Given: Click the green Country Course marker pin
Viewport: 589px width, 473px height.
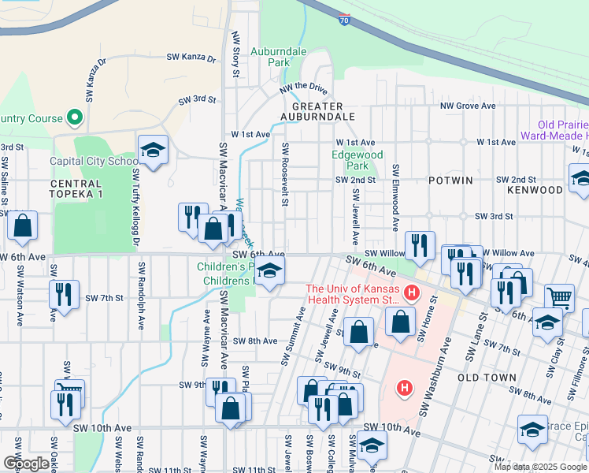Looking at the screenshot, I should pyautogui.click(x=75, y=118).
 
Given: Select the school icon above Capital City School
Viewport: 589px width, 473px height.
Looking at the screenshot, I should pyautogui.click(x=153, y=150).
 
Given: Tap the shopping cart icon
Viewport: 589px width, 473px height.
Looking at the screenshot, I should pyautogui.click(x=559, y=297).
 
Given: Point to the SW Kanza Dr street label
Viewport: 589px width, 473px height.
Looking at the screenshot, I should pyautogui.click(x=191, y=58).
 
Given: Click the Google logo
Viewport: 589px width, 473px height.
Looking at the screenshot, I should pyautogui.click(x=25, y=464).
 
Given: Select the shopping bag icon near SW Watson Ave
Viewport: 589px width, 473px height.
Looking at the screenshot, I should pyautogui.click(x=23, y=225).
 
